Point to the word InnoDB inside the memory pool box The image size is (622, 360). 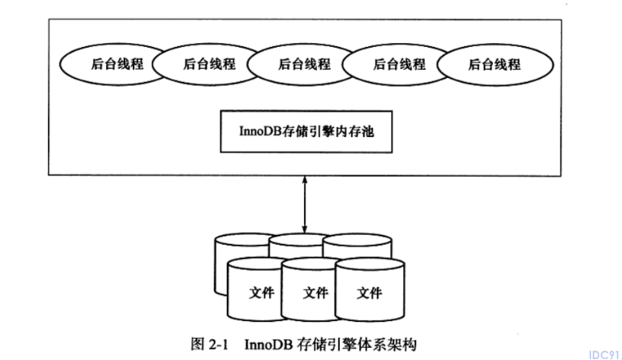(260, 131)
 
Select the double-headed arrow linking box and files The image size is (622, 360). (304, 204)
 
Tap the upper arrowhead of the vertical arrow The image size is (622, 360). (304, 179)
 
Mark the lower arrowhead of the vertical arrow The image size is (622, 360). (304, 230)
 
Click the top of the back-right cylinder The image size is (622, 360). (358, 240)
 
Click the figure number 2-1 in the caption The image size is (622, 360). (217, 344)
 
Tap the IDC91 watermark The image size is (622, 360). (604, 354)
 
